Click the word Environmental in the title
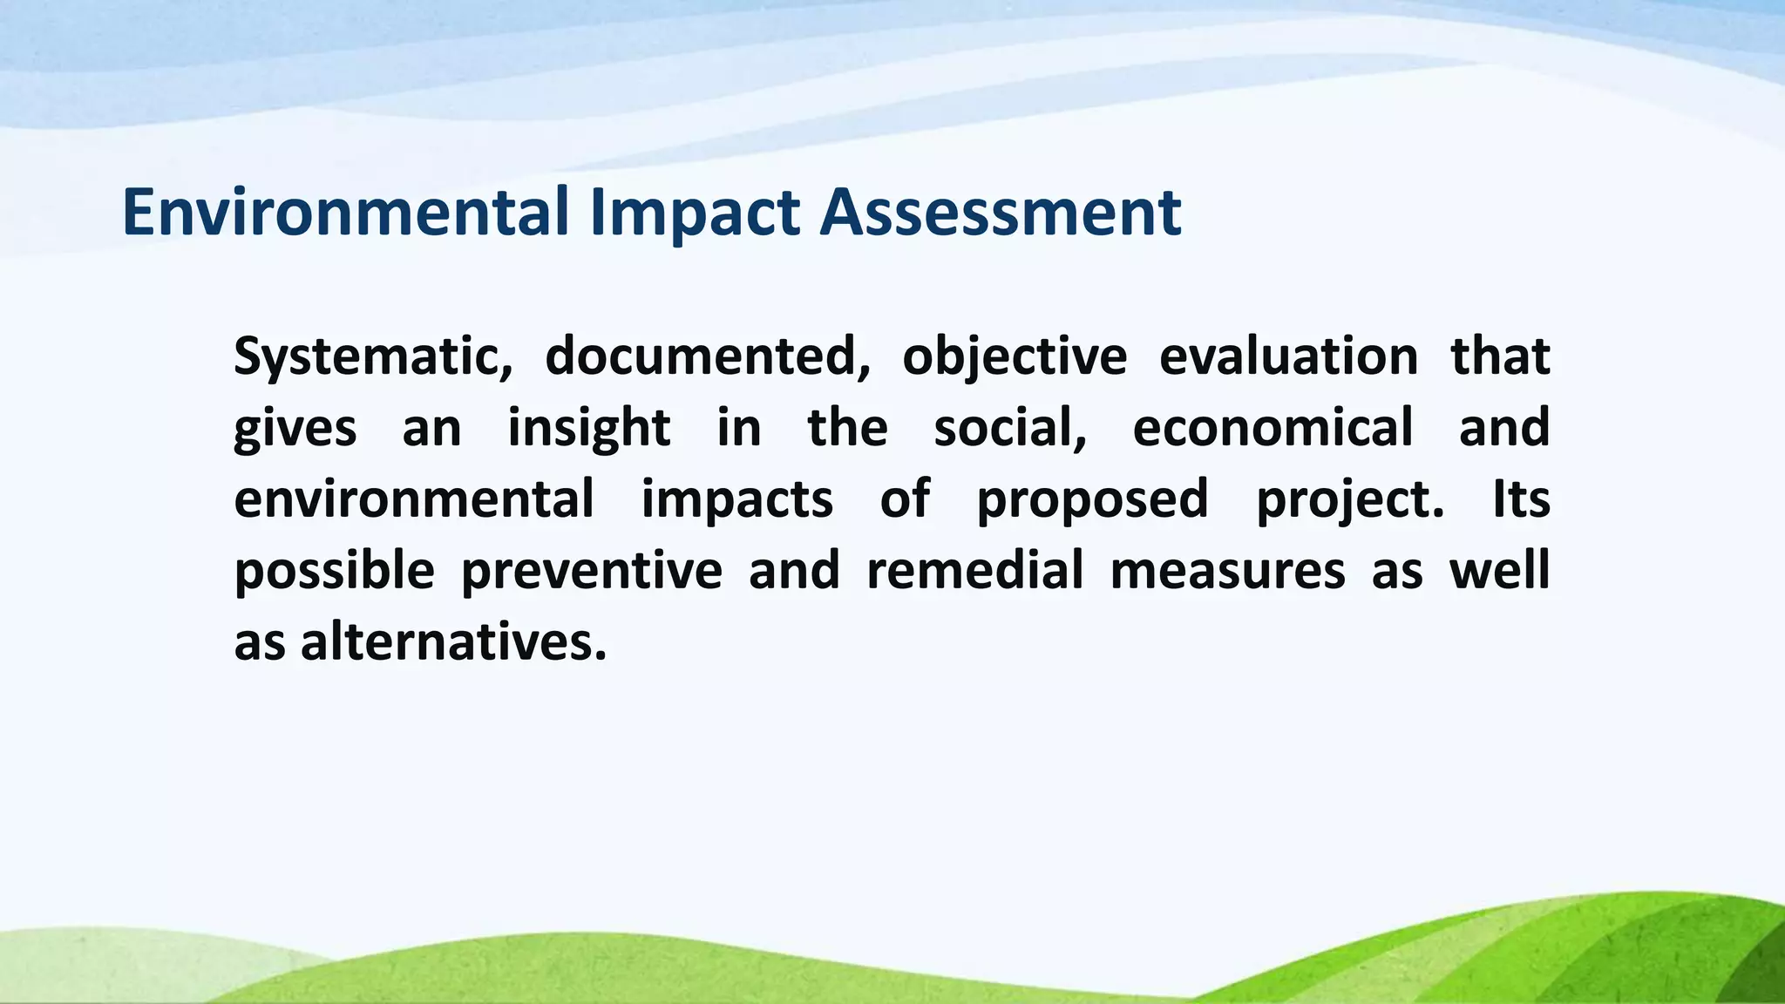pyautogui.click(x=346, y=213)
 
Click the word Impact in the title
pyautogui.click(x=695, y=213)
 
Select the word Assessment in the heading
pyautogui.click(x=1000, y=213)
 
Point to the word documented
pyautogui.click(x=707, y=357)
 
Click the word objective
pyautogui.click(x=1014, y=357)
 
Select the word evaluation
pyautogui.click(x=1288, y=357)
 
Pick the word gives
pyautogui.click(x=295, y=429)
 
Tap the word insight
pyautogui.click(x=589, y=429)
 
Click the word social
pyautogui.click(x=1010, y=429)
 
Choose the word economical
pyautogui.click(x=1273, y=429)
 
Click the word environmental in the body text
pyautogui.click(x=414, y=499)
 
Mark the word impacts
pyautogui.click(x=737, y=501)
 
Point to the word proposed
pyautogui.click(x=1092, y=501)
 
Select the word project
pyautogui.click(x=1349, y=501)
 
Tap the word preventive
pyautogui.click(x=591, y=572)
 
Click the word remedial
pyautogui.click(x=974, y=571)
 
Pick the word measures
pyautogui.click(x=1227, y=572)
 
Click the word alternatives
pyautogui.click(x=452, y=643)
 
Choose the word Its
pyautogui.click(x=1521, y=499)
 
